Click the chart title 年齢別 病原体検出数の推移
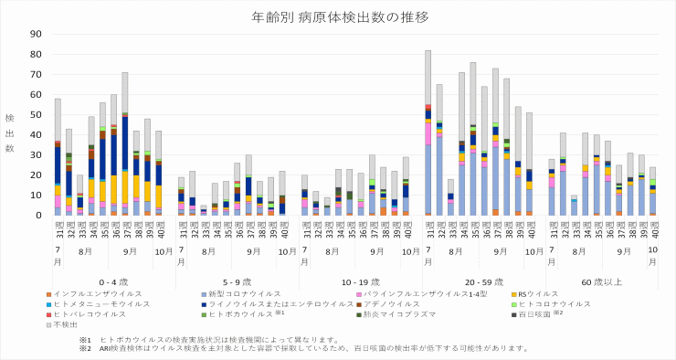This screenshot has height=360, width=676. [x=339, y=16]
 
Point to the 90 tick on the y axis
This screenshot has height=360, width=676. [x=36, y=34]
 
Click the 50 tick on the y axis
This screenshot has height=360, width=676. [x=36, y=114]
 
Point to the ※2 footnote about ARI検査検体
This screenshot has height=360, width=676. [x=301, y=347]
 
